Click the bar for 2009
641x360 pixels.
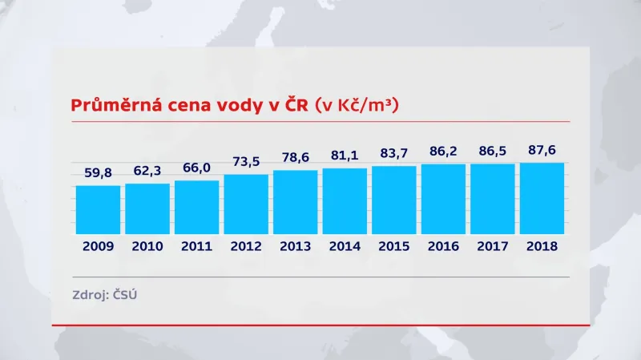[98, 209]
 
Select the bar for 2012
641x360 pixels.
[246, 204]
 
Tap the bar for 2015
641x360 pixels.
[394, 200]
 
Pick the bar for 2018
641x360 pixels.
[542, 198]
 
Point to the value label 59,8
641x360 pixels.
[98, 172]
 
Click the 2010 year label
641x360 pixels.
[147, 246]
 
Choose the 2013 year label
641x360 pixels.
[295, 246]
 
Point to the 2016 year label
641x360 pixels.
[443, 246]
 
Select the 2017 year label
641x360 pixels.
[493, 246]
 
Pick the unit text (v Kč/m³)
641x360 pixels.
[357, 105]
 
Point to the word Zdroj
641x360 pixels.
[90, 294]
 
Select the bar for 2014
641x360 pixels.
[345, 200]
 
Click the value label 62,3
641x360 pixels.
[147, 169]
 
